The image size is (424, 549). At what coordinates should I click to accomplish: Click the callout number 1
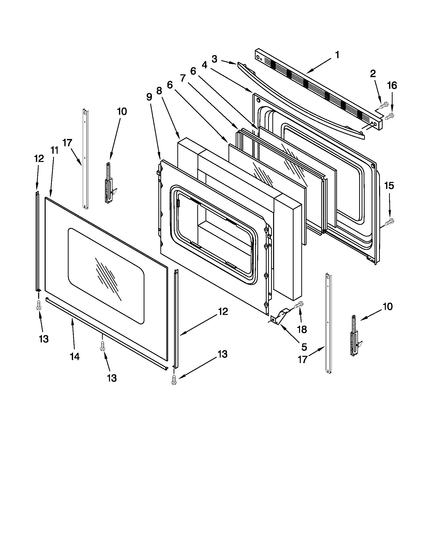pos(337,55)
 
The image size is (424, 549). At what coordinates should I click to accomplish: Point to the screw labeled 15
pos(390,221)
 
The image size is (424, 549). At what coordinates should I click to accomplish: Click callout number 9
pos(149,97)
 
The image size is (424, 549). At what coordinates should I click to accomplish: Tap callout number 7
pos(183,78)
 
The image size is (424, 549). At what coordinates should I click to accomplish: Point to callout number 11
pos(54,150)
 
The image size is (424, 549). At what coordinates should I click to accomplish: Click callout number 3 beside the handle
pos(214,59)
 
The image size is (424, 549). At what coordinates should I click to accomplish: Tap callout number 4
pos(205,65)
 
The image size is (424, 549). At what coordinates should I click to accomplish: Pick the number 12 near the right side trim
pos(222,311)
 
